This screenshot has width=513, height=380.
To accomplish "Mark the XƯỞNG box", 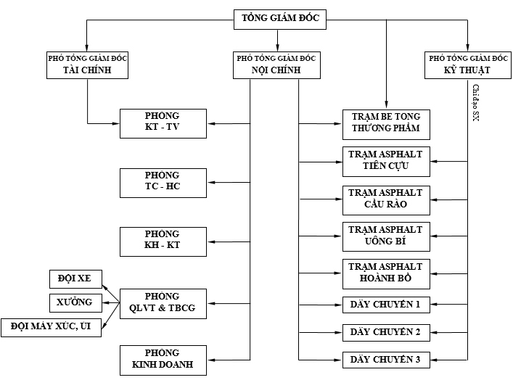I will coord(75,302).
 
